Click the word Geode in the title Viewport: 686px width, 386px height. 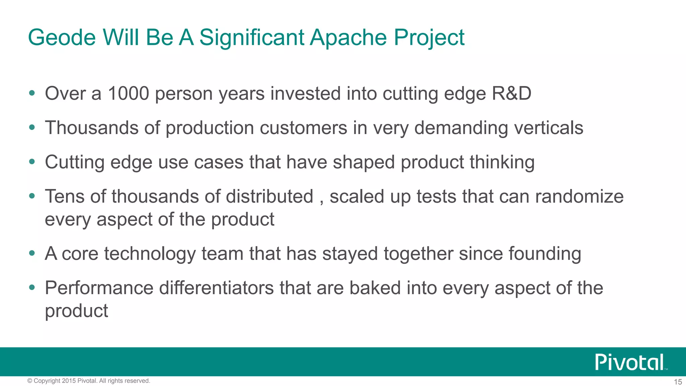tap(62, 37)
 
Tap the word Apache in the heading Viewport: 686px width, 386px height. tap(348, 37)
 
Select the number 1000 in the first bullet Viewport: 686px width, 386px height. tap(128, 93)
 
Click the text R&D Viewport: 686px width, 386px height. tap(511, 93)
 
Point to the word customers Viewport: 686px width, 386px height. tap(303, 128)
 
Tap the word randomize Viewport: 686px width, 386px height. tap(579, 196)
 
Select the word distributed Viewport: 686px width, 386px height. tap(269, 196)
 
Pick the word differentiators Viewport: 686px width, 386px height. tap(216, 288)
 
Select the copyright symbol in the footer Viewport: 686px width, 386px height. tap(30, 381)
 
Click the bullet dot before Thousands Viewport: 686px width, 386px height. tap(32, 127)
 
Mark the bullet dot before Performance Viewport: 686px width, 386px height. tap(32, 287)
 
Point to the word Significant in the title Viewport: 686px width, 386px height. tap(252, 37)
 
